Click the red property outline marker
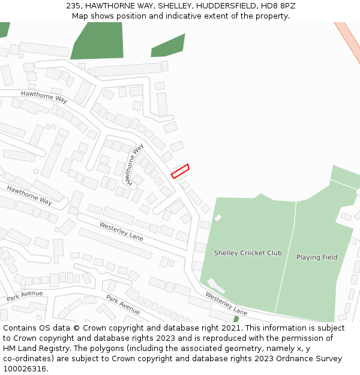point(180,171)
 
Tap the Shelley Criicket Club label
point(248,253)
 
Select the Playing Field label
point(317,257)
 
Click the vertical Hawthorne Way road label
point(134,163)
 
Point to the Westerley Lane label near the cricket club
point(226,304)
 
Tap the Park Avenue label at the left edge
point(25,296)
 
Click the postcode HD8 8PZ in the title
point(280,6)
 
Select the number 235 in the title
point(74,6)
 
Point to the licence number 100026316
point(25,369)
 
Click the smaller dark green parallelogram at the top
point(168,46)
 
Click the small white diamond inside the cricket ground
point(218,217)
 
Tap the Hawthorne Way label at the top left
point(44,97)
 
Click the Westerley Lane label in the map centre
point(121,231)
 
